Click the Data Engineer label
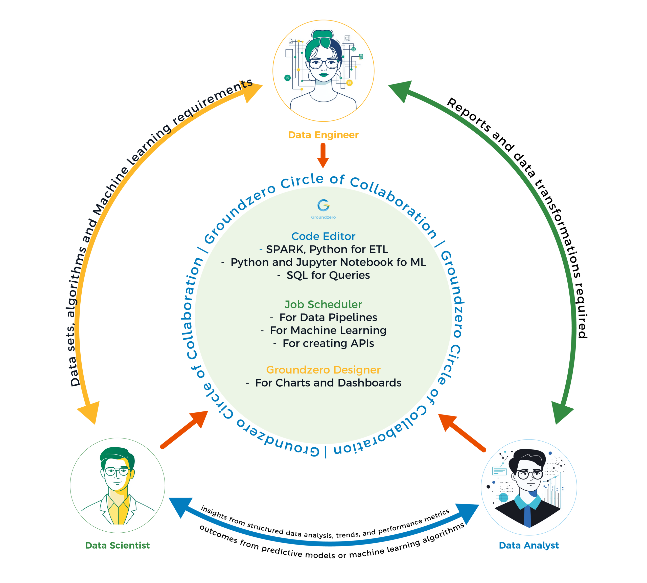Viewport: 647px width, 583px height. pos(323,135)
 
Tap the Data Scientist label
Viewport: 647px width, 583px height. pos(118,545)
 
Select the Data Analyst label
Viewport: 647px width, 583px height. pos(529,545)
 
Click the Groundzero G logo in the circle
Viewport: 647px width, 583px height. pos(323,205)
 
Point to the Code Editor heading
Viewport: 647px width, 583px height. pos(323,236)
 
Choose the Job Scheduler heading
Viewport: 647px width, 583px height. pos(323,304)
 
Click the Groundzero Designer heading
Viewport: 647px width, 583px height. pos(323,370)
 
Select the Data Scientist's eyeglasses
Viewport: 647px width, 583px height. pos(117,472)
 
